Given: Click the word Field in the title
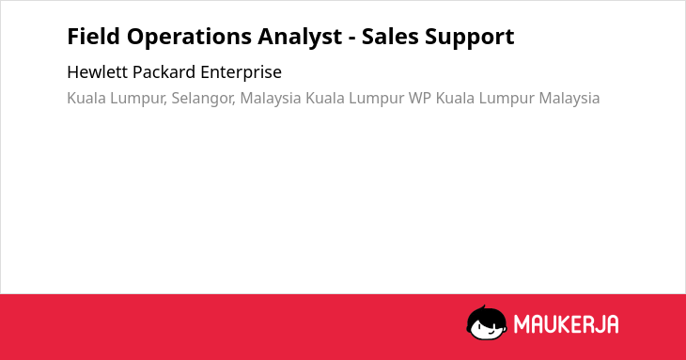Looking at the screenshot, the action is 93,36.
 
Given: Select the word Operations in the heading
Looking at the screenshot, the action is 189,38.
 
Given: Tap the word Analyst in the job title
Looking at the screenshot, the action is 300,38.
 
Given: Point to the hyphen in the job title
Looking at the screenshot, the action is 351,39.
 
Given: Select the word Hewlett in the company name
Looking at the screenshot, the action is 98,72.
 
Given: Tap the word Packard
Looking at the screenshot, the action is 164,72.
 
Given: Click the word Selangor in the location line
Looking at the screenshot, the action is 203,99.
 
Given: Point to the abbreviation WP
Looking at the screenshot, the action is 420,98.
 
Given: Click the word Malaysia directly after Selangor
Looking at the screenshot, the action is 271,99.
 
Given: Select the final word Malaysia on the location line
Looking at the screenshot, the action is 569,99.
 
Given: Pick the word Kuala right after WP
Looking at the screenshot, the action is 455,98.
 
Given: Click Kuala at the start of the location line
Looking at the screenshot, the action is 86,98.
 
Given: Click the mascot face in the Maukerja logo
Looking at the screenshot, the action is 487,322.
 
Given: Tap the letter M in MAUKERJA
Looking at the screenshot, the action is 522,324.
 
